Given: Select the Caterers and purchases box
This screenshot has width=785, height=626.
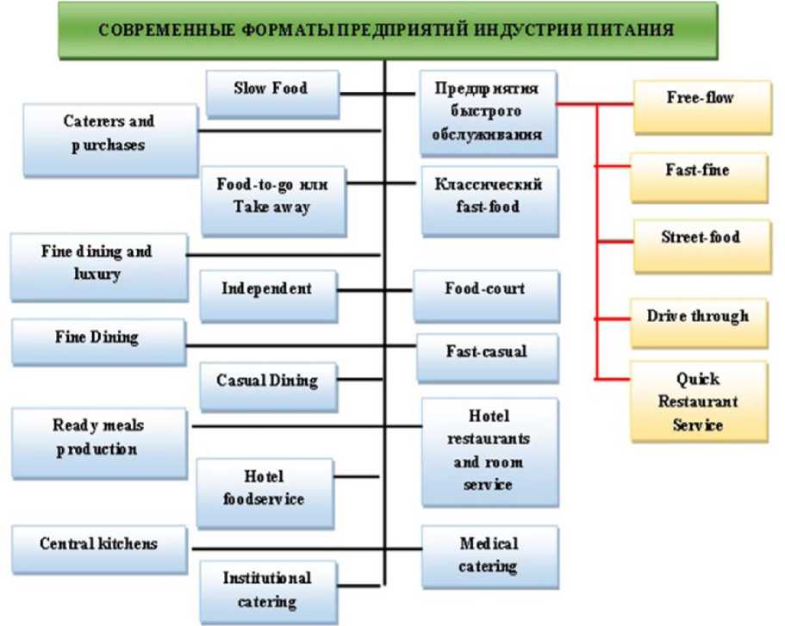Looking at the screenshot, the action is pyautogui.click(x=109, y=133).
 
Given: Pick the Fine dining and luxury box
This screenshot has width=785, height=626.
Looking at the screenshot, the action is pyautogui.click(x=97, y=263).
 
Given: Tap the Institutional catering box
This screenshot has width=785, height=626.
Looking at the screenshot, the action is pyautogui.click(x=267, y=590).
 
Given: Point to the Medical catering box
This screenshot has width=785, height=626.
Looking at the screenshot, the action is pyautogui.click(x=489, y=555).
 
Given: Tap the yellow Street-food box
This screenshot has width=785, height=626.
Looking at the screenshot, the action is pyautogui.click(x=700, y=239).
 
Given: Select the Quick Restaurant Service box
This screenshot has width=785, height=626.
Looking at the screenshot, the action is pyautogui.click(x=698, y=403).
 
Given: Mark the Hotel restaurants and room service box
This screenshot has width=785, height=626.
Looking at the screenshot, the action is pyautogui.click(x=488, y=450).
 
